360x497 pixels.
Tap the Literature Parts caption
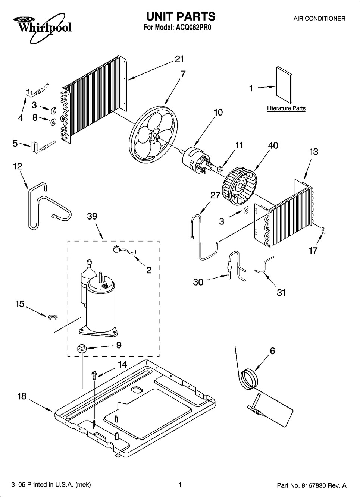click(x=286, y=108)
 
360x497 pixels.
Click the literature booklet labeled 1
click(x=284, y=85)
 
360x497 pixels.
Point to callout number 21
click(x=179, y=59)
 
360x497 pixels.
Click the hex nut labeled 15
click(x=53, y=317)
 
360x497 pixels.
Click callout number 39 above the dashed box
click(x=92, y=216)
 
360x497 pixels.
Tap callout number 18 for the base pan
click(x=22, y=396)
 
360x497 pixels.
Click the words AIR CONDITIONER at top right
click(x=319, y=18)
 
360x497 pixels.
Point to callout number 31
click(x=281, y=292)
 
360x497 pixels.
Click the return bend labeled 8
click(x=53, y=122)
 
